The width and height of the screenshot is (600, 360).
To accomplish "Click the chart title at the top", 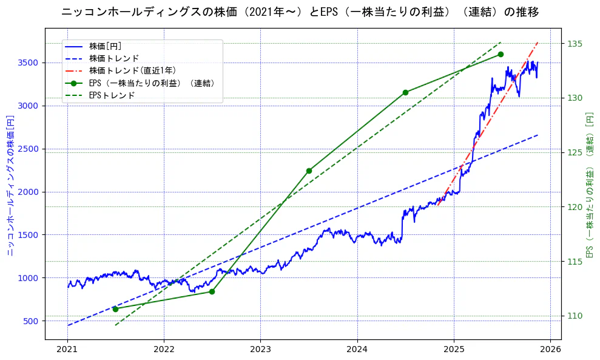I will (300, 12).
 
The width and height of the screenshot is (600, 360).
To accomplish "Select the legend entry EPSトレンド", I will (112, 95).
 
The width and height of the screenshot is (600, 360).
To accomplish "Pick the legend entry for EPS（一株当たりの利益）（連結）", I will (152, 83).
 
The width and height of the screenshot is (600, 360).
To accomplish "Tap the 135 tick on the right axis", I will (575, 44).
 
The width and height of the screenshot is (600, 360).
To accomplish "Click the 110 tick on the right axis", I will (575, 316).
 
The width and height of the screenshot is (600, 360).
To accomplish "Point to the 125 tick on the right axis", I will (575, 152).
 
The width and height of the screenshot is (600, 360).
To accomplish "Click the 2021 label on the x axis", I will (67, 349).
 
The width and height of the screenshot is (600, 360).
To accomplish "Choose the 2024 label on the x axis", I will (357, 349).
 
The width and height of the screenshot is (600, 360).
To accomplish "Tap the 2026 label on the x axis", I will (550, 349).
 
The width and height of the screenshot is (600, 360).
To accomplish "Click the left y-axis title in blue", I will (10, 183).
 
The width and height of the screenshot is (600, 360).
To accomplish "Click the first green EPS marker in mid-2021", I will (115, 309).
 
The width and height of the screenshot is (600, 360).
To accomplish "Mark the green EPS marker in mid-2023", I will (309, 171).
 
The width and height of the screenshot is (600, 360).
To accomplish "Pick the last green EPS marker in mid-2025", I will (501, 54).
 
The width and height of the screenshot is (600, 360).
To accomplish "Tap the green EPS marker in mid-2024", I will (405, 92).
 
